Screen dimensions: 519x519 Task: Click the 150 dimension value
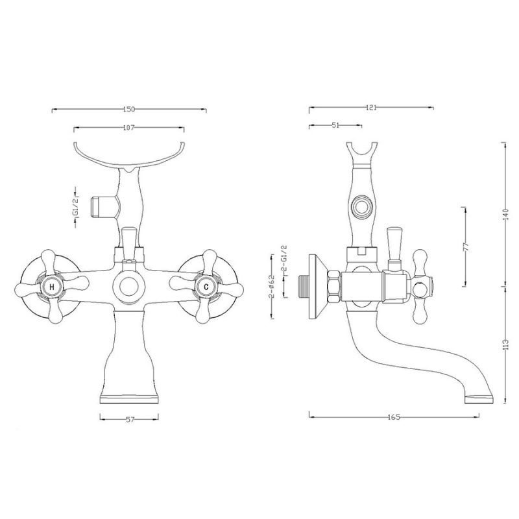point(129,109)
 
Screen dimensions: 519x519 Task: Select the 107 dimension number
point(128,127)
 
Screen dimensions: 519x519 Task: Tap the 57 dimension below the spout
point(130,420)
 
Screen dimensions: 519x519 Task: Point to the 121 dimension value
point(371,108)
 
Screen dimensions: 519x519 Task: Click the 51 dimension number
point(335,125)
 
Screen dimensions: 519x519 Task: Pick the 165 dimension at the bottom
point(394,417)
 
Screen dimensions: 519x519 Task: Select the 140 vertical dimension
point(505,215)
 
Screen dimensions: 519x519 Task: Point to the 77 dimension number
point(466,247)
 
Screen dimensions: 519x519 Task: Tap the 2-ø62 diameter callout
point(272,287)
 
